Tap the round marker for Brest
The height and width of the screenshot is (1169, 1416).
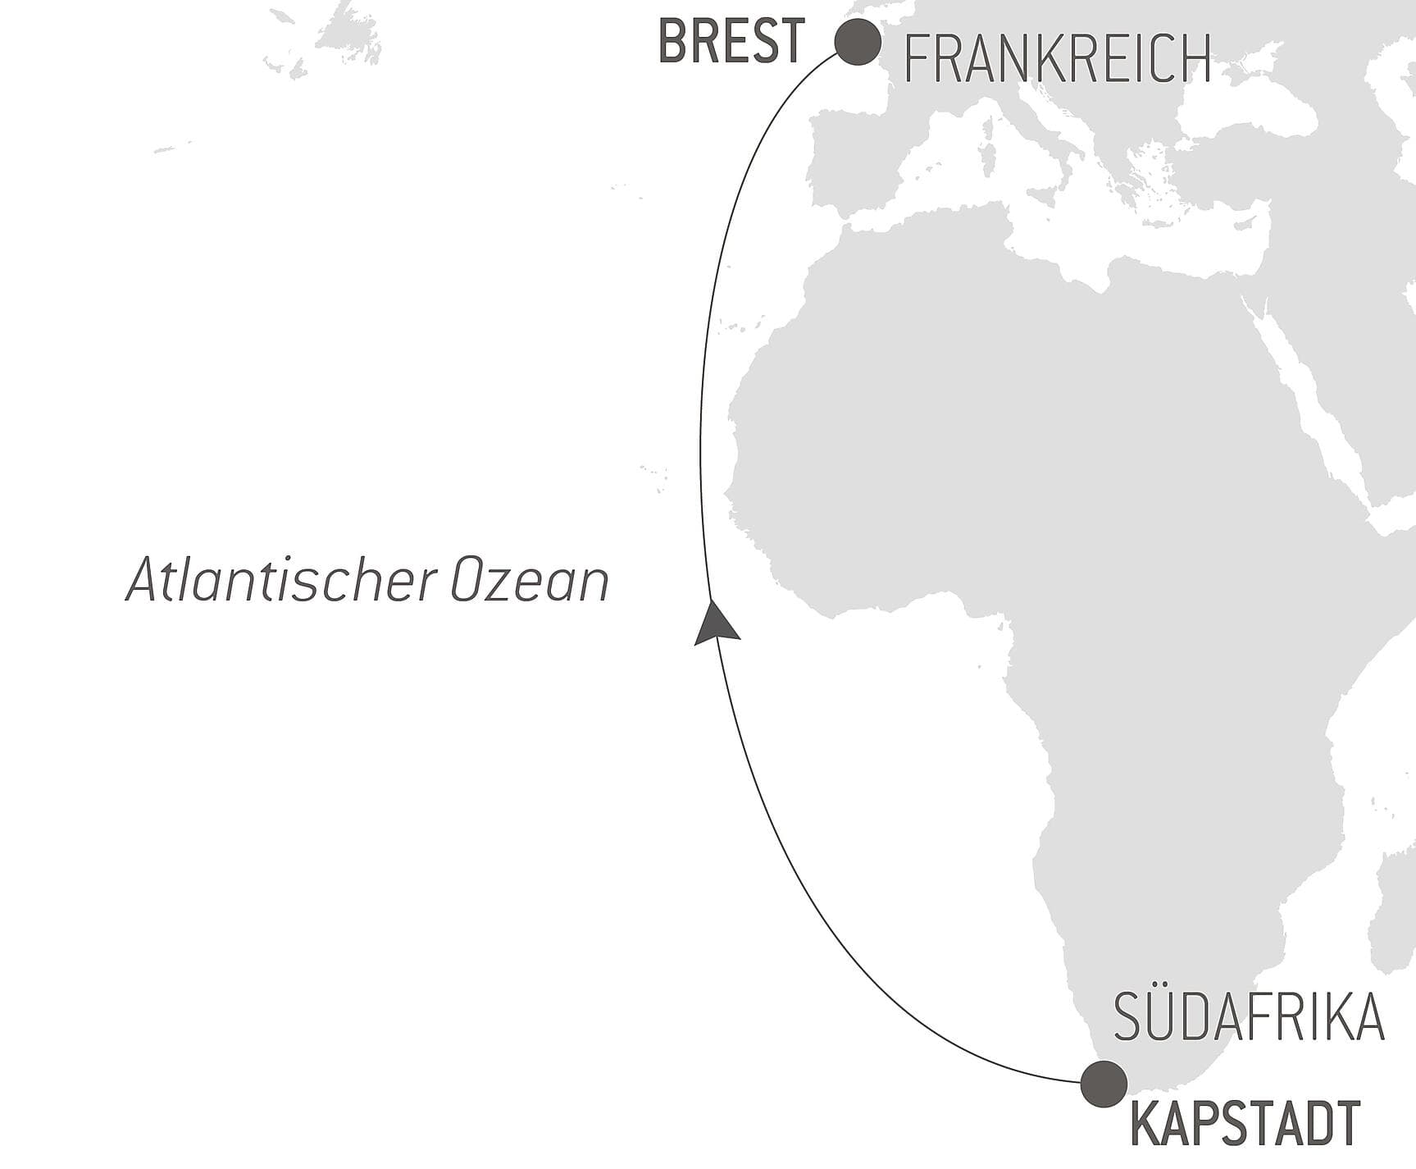858,41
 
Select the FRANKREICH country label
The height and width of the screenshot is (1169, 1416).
1057,59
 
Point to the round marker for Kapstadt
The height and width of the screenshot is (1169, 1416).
1104,1084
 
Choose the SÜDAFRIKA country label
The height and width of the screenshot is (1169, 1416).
1249,1017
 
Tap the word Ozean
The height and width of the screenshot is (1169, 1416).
530,581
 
